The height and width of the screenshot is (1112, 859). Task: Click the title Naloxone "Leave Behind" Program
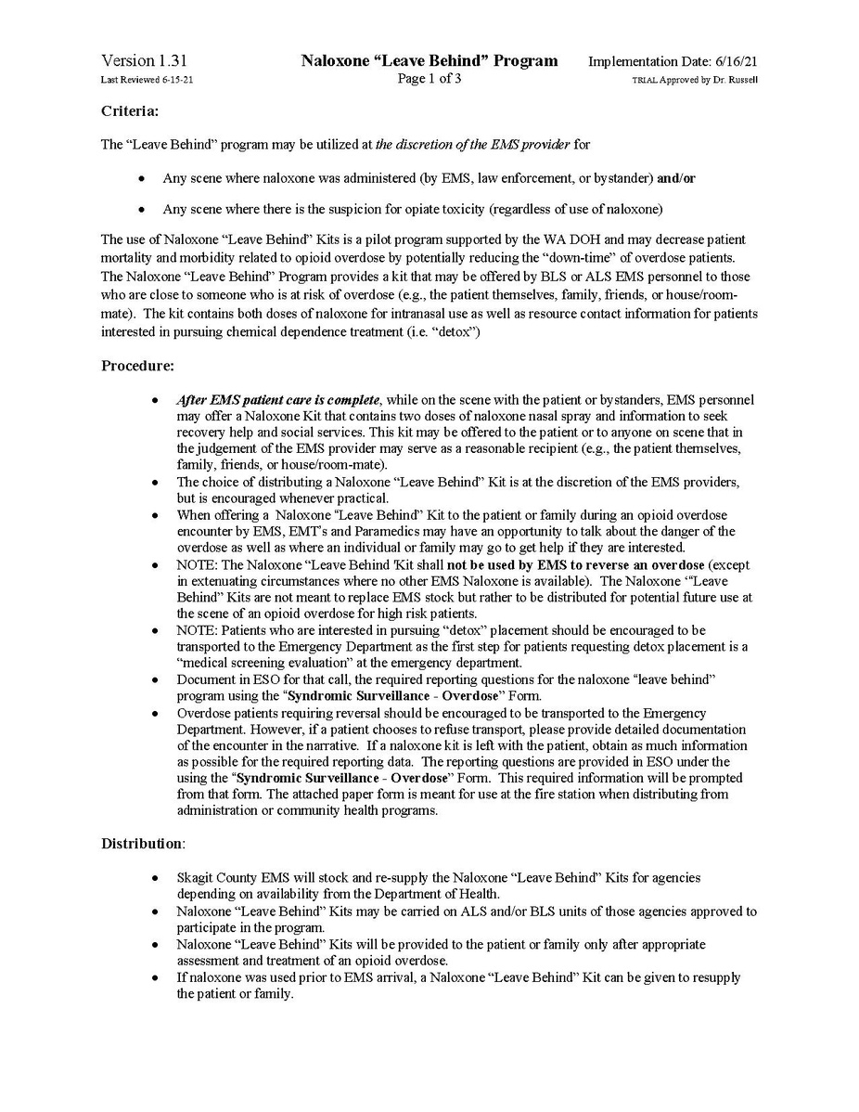click(x=429, y=61)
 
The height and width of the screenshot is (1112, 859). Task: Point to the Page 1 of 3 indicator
click(x=429, y=79)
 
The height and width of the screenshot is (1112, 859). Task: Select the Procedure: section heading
click(x=136, y=366)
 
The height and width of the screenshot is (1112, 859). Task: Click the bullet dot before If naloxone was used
click(x=155, y=978)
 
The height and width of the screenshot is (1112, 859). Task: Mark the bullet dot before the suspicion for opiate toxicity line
click(x=141, y=207)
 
